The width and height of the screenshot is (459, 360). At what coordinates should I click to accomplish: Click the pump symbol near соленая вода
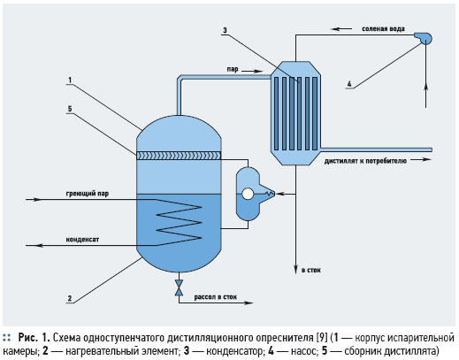coord(424,38)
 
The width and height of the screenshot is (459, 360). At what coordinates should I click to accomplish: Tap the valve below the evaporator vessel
coord(179,287)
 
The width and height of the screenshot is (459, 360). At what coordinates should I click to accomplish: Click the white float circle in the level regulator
coord(248,194)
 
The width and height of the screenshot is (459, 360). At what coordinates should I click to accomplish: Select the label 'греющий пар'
coord(88,194)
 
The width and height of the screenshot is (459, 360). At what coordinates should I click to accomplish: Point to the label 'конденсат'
coord(82,239)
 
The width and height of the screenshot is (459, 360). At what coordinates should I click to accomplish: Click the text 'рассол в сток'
coord(215,297)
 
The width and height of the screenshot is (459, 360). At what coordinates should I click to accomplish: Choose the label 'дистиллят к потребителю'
coord(365,161)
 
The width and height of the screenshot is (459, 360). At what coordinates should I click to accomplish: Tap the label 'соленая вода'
coord(383,29)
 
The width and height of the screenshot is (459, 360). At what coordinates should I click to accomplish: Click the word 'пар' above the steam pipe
coord(233,70)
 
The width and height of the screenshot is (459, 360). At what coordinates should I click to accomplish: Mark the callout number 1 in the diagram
coord(70,80)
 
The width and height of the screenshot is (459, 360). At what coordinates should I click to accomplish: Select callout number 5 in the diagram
coord(70,109)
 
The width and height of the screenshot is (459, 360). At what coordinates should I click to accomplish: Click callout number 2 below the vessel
coord(70,298)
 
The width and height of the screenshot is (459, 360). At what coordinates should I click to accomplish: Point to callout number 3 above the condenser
coord(225,30)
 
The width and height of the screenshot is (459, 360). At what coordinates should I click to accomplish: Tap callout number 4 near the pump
coord(349,84)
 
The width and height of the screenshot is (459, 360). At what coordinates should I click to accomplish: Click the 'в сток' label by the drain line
coord(310,270)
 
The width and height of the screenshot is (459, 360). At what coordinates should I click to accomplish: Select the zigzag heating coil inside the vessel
coord(179,222)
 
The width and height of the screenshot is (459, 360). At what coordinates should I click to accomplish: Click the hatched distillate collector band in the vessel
coord(179,156)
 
